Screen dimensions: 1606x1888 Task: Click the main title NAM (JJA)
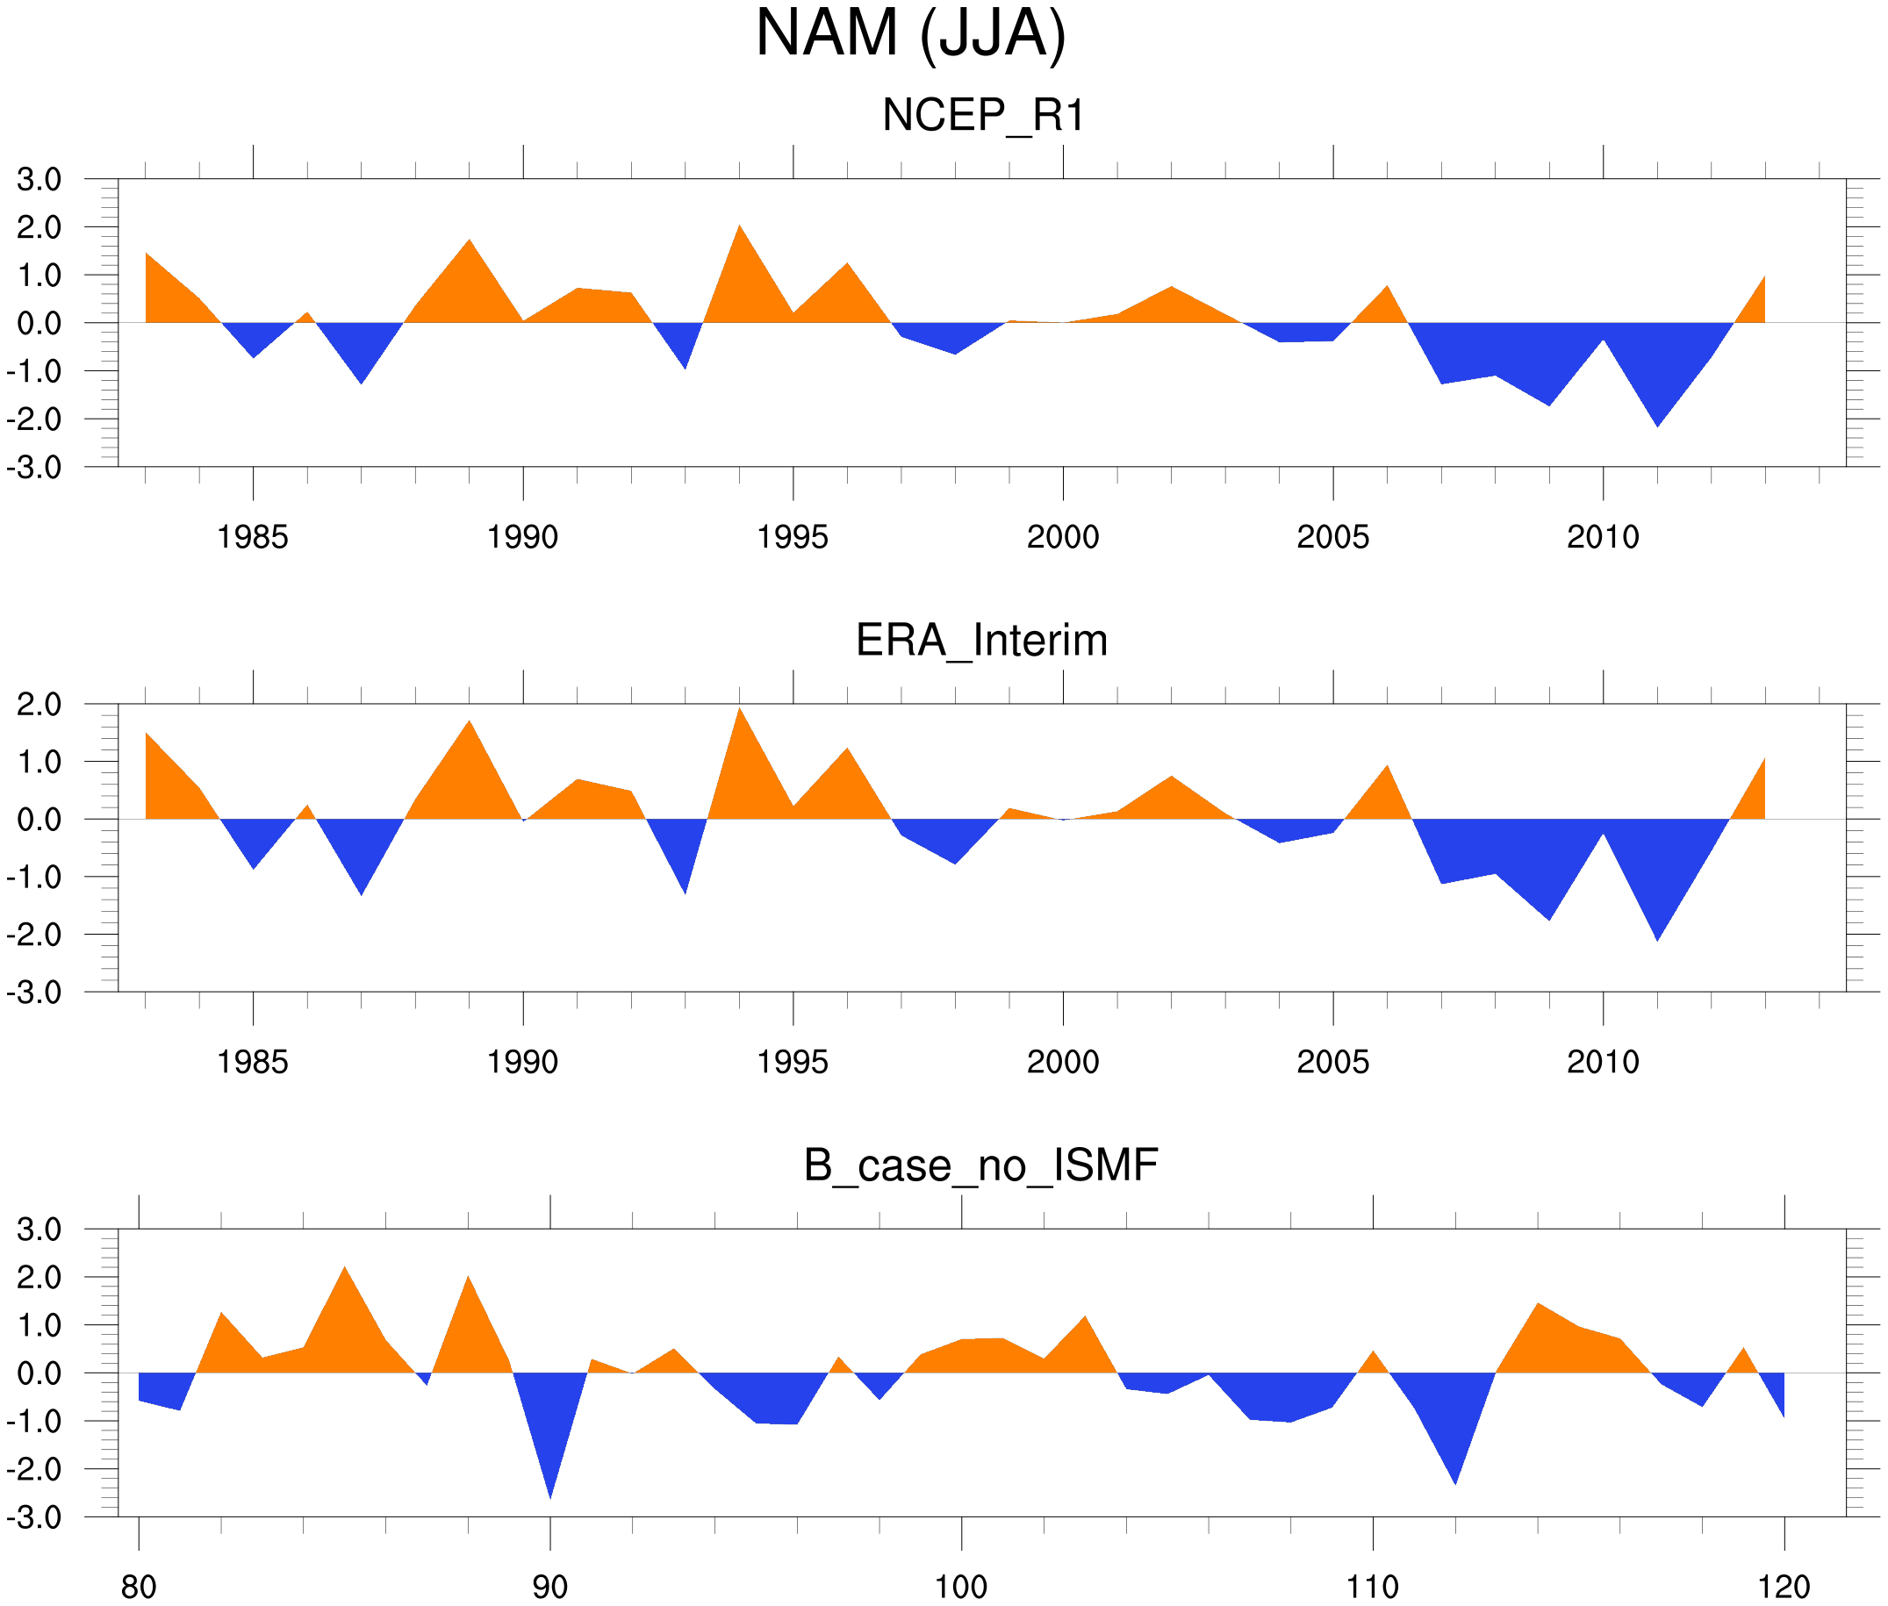(909, 34)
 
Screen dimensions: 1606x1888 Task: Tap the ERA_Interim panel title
(981, 641)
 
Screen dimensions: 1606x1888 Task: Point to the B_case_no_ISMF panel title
(980, 1166)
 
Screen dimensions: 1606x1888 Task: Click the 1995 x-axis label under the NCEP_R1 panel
(792, 537)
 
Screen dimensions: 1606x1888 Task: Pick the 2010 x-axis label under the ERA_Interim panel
(1602, 1063)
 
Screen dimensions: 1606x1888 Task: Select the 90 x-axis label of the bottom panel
(549, 1587)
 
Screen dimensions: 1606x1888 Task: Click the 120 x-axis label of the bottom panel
(1784, 1587)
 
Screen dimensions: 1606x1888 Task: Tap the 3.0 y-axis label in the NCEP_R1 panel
(39, 179)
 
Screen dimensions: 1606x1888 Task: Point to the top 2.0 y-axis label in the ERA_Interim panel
(39, 705)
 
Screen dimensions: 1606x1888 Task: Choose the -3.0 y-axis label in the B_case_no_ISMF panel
(33, 1517)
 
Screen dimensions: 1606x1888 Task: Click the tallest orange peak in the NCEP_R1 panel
(739, 229)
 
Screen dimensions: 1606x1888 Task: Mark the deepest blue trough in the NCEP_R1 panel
(1658, 422)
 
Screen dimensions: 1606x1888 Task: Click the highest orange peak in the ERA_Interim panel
(739, 713)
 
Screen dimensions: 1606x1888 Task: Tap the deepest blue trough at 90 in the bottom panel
(549, 1491)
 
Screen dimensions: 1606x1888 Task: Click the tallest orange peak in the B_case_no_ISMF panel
(344, 1272)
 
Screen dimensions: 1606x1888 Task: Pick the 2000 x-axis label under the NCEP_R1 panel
(1062, 537)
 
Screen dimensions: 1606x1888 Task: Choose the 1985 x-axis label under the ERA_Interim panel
(252, 1063)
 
